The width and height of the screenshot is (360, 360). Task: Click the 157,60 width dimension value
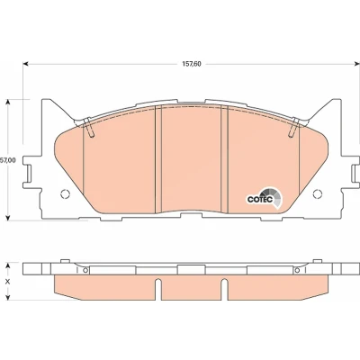192,64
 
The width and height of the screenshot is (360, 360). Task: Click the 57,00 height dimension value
7,160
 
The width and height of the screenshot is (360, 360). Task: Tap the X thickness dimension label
8,282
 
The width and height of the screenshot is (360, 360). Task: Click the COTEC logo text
260,199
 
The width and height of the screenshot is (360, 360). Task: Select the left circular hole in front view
65,194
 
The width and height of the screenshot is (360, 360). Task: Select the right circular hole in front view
318,194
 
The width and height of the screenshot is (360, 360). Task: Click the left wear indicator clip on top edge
89,128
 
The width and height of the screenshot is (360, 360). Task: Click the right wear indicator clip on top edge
293,128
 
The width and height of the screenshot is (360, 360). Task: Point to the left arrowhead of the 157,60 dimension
26,64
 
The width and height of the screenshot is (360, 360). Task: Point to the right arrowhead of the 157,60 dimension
356,64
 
